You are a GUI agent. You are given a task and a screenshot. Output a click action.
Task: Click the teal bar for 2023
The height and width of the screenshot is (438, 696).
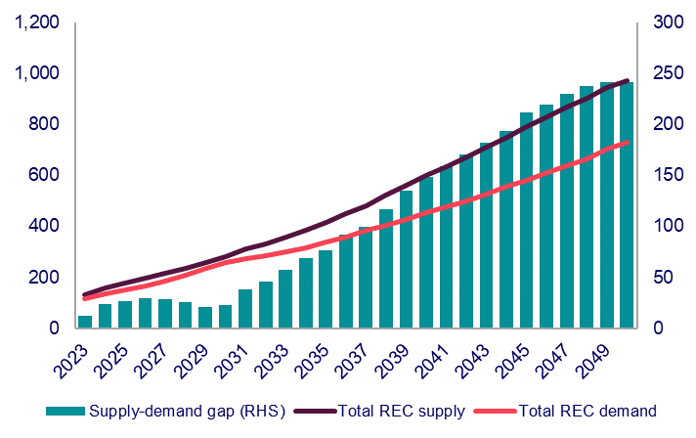85,322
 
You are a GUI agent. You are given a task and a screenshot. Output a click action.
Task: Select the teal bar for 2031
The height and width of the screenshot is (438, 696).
245,309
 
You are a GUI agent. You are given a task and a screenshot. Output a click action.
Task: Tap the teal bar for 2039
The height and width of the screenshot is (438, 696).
406,259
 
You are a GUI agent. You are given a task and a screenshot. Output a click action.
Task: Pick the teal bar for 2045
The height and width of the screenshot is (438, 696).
526,220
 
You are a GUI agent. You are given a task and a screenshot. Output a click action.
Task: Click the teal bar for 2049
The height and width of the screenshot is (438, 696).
607,205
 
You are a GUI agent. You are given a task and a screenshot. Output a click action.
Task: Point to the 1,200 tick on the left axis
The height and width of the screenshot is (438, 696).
38,22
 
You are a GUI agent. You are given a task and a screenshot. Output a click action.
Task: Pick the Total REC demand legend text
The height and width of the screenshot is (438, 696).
587,411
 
